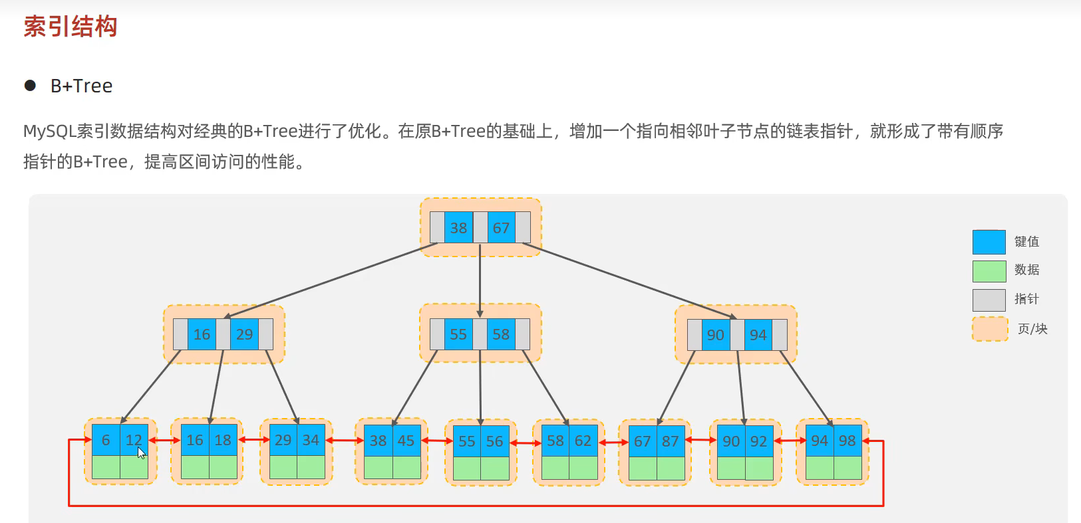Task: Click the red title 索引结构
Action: pos(71,27)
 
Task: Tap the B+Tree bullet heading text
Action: pos(81,86)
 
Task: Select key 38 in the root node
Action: pos(458,228)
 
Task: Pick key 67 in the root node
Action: pos(501,228)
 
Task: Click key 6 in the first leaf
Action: pos(106,440)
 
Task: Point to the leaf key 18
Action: pos(223,440)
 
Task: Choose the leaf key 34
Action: pos(311,440)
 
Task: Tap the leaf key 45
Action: pos(406,441)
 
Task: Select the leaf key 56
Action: pos(494,441)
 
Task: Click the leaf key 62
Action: pos(583,441)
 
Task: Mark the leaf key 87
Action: pos(670,441)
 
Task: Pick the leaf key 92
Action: pos(758,441)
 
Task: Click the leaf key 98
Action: pos(847,441)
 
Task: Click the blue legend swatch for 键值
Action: pos(989,242)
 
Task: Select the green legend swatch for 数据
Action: pos(989,271)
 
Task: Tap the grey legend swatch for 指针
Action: pos(989,300)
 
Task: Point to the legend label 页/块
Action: pos(1032,329)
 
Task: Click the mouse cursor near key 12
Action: pos(141,453)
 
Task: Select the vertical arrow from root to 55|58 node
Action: pos(480,279)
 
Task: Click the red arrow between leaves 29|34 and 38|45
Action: pos(344,440)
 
